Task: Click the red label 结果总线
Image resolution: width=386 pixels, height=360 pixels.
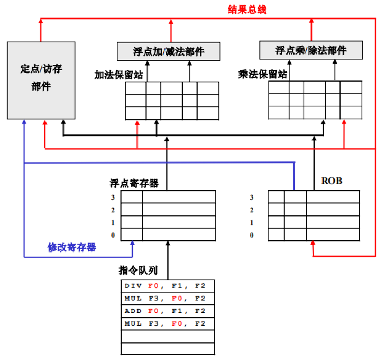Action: coord(247,9)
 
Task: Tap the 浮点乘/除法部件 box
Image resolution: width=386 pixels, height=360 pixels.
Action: coord(311,50)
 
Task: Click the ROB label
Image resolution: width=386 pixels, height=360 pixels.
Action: coord(332,181)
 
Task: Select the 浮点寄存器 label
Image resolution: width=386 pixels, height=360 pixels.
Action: coord(134,183)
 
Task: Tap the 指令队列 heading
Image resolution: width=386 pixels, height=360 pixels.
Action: coord(138,271)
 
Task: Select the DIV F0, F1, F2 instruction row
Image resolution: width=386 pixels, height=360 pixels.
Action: coord(168,286)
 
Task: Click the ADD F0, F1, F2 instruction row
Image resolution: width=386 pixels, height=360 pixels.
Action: coord(168,311)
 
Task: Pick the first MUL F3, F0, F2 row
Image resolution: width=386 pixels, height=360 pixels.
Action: coord(168,299)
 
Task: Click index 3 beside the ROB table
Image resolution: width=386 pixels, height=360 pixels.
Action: coord(252,197)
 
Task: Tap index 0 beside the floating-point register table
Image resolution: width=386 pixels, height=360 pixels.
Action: coord(112,235)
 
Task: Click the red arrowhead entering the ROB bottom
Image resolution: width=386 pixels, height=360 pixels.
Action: coord(314,244)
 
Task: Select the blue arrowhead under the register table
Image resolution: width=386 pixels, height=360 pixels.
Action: coord(133,244)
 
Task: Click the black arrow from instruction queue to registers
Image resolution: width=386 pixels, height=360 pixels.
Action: coord(168,259)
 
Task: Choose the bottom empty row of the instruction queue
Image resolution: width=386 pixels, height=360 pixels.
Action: coord(168,348)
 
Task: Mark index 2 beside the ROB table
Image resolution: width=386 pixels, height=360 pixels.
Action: coord(252,210)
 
